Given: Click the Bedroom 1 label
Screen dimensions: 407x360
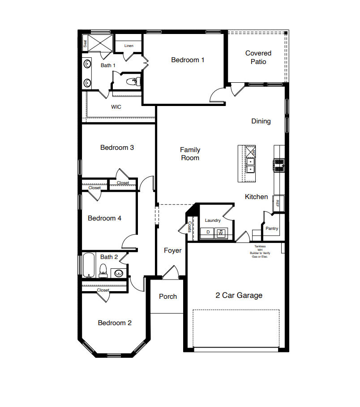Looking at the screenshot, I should coord(188,60).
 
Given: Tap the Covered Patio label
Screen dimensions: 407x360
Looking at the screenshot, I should coord(258,58).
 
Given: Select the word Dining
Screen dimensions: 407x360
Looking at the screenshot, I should coord(261,121).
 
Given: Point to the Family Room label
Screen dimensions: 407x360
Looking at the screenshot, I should coord(190,154).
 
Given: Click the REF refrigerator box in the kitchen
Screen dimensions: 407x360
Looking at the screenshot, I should coord(278,203).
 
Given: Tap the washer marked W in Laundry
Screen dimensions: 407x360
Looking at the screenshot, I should coord(221,233).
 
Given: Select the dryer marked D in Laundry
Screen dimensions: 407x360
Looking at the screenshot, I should coord(208,233).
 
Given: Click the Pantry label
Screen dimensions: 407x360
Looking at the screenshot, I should coord(272,229).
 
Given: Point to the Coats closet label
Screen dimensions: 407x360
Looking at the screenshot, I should coord(190,227).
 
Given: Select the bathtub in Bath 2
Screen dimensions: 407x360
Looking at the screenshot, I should coord(88,266).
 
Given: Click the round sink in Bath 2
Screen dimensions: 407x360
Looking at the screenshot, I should coord(119,272).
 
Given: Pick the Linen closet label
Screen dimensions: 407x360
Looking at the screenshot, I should coord(129,46).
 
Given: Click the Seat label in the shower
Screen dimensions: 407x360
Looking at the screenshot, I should coord(85,44).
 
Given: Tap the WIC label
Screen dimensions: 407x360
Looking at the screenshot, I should coord(116,107).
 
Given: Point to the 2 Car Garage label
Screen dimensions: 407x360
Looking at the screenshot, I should coord(239,295).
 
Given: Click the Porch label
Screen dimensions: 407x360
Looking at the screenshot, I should coord(168,297).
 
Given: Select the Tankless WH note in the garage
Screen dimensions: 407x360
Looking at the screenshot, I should coord(260,251).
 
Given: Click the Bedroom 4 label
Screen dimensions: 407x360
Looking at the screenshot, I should coord(105,218).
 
